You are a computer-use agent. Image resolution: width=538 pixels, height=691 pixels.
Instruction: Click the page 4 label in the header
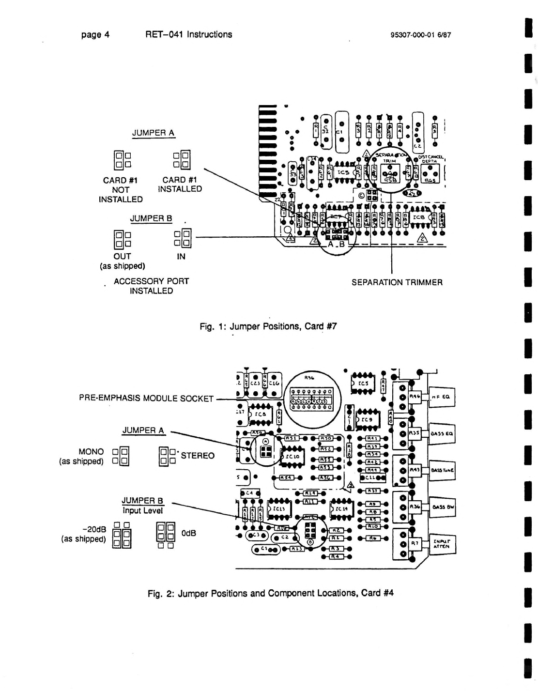[95, 35]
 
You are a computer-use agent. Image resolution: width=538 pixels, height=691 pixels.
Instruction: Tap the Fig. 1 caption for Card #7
[268, 326]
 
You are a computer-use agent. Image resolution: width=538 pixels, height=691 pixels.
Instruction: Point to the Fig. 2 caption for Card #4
[271, 593]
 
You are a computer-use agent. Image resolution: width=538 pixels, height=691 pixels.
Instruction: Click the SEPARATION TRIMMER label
[397, 282]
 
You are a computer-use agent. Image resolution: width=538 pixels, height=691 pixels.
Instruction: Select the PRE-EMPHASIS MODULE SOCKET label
[146, 399]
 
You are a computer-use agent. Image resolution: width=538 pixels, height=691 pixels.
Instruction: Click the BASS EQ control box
[441, 433]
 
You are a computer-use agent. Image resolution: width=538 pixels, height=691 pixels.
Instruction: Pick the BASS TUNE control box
[442, 470]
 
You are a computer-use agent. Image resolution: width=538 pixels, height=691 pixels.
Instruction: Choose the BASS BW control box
[442, 507]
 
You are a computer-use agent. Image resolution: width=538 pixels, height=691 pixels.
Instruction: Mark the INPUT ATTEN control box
[441, 543]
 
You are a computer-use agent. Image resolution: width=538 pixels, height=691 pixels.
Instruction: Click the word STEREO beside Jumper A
[198, 456]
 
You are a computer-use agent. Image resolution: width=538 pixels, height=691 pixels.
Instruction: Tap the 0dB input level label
[188, 533]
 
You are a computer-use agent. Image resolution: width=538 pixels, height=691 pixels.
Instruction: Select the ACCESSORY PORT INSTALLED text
[151, 286]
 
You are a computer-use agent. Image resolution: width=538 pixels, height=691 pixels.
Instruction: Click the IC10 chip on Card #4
[294, 456]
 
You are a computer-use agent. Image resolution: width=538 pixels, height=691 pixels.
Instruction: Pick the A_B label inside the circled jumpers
[336, 246]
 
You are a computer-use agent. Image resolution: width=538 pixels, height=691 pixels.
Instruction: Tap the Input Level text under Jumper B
[142, 510]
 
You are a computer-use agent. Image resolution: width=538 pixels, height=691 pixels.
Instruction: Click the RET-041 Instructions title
[188, 35]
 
